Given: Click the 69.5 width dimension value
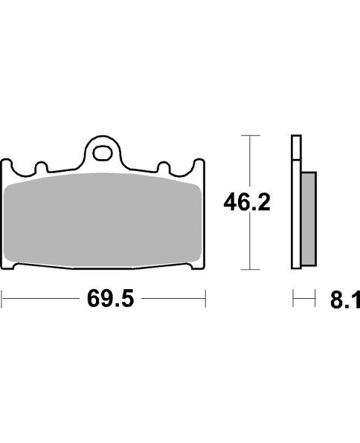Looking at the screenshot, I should click(103, 301).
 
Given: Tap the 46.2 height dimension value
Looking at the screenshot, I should click(248, 201).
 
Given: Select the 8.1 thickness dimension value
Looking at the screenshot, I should click(344, 301).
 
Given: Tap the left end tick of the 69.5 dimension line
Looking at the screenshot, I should click(2, 300).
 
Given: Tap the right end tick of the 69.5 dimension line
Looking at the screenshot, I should click(205, 300).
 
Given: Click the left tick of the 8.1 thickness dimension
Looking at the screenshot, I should click(293, 300).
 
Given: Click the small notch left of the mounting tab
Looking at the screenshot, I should click(41, 167).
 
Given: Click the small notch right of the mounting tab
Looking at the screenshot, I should click(166, 167).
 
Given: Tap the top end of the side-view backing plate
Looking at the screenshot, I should click(295, 138).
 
